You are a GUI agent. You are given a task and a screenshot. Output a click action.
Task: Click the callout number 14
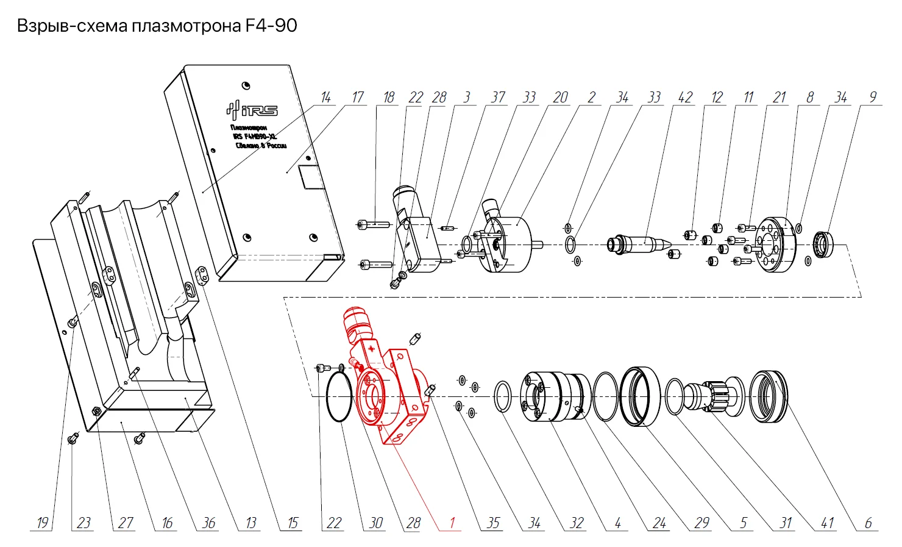pos(326,98)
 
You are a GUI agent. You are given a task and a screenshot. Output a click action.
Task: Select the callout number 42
pos(685,98)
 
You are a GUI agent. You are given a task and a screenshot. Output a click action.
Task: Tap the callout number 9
pos(873,98)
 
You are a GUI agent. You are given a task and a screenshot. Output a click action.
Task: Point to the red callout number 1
pos(452,523)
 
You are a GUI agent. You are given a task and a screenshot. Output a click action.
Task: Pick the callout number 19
pos(42,523)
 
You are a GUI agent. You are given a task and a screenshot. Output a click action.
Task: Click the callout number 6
pos(868,523)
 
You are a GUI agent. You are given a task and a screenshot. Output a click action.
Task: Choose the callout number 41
pos(827,523)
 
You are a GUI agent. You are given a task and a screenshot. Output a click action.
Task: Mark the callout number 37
pos(498,98)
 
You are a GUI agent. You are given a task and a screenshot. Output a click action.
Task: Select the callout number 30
pos(376,523)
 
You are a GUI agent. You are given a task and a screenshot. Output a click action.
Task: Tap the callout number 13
pos(251,523)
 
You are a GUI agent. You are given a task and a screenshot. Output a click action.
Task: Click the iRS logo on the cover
pos(252,110)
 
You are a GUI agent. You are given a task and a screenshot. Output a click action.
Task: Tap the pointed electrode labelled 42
pos(643,245)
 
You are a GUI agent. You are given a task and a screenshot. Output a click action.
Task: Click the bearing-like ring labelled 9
pos(825,244)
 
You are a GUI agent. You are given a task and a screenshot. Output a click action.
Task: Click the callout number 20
pos(560,98)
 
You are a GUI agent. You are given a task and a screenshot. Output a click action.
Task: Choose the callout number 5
pos(744,523)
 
